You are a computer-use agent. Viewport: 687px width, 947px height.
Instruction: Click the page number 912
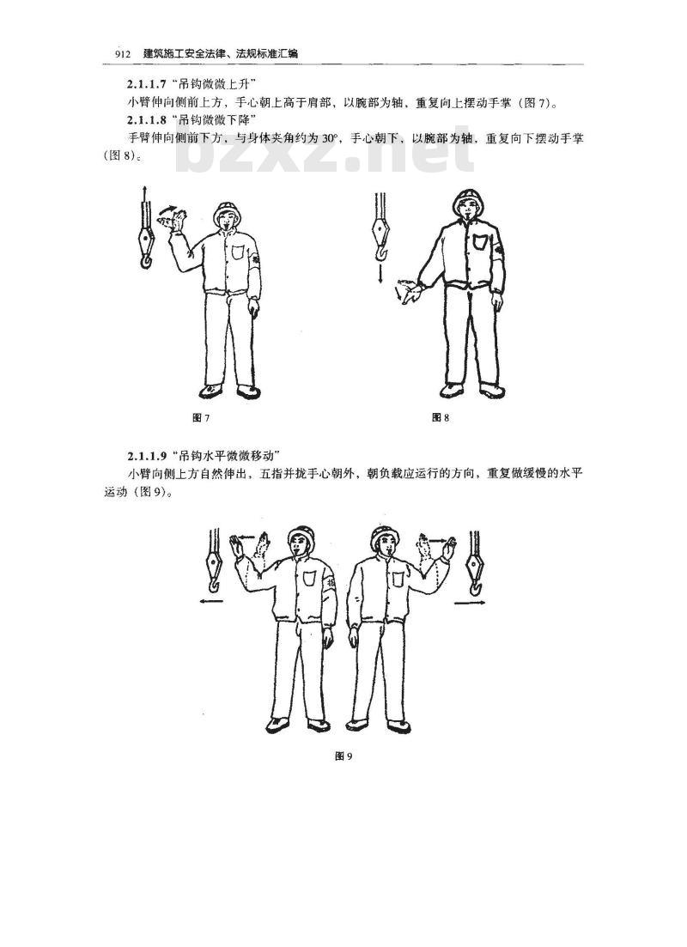(x=123, y=54)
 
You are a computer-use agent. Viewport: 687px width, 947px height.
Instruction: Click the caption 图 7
(x=201, y=418)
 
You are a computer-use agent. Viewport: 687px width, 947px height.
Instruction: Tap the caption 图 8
(x=441, y=417)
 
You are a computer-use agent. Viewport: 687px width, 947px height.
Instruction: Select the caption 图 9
(x=343, y=756)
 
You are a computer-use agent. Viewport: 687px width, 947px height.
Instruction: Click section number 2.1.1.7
(x=146, y=83)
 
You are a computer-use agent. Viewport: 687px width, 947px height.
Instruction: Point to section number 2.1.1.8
(x=146, y=119)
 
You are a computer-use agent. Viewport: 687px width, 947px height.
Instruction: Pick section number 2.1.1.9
(x=146, y=455)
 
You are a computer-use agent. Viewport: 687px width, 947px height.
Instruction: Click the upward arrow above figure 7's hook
(x=143, y=196)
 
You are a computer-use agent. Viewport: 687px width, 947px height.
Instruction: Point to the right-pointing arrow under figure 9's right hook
(x=470, y=603)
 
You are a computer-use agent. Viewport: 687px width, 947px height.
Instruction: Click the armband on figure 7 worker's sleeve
(x=256, y=258)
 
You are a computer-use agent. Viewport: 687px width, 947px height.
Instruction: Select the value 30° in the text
(x=329, y=139)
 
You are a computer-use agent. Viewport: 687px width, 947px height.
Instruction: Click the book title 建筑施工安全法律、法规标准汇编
(x=221, y=54)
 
